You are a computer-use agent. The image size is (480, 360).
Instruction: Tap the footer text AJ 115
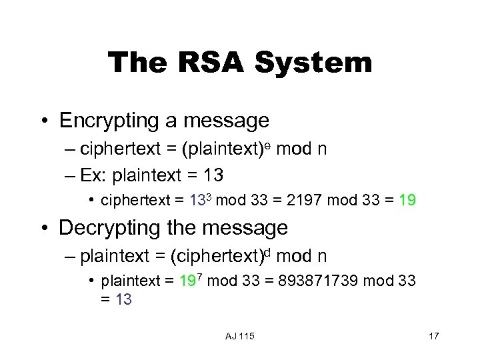(x=239, y=335)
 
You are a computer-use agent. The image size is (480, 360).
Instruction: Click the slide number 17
(x=433, y=335)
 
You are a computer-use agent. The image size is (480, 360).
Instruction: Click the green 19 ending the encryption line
(x=407, y=201)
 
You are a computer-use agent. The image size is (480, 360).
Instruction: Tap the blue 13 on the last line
(x=123, y=300)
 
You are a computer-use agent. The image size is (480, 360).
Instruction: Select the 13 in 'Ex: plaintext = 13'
(x=213, y=176)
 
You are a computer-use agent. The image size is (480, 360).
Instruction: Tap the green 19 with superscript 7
(x=187, y=281)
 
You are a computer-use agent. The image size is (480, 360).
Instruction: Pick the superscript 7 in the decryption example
(x=199, y=277)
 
